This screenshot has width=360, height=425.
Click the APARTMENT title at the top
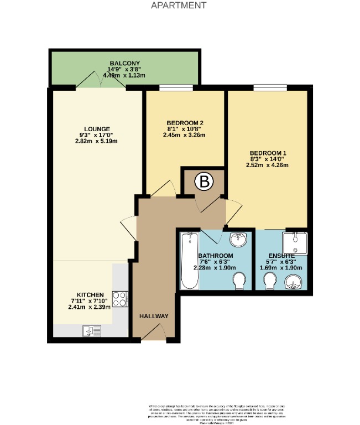pyautogui.click(x=179, y=6)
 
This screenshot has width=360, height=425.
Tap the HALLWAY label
pyautogui.click(x=154, y=316)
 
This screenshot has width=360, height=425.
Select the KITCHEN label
pyautogui.click(x=90, y=294)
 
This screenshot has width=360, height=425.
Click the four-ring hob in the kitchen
pyautogui.click(x=120, y=299)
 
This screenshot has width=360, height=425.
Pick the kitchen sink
pyautogui.click(x=91, y=331)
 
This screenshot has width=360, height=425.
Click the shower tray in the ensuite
pyautogui.click(x=294, y=241)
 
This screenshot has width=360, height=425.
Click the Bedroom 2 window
pyautogui.click(x=176, y=87)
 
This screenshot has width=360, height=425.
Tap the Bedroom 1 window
pyautogui.click(x=269, y=87)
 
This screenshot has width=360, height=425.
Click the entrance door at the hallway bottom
pyautogui.click(x=154, y=333)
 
